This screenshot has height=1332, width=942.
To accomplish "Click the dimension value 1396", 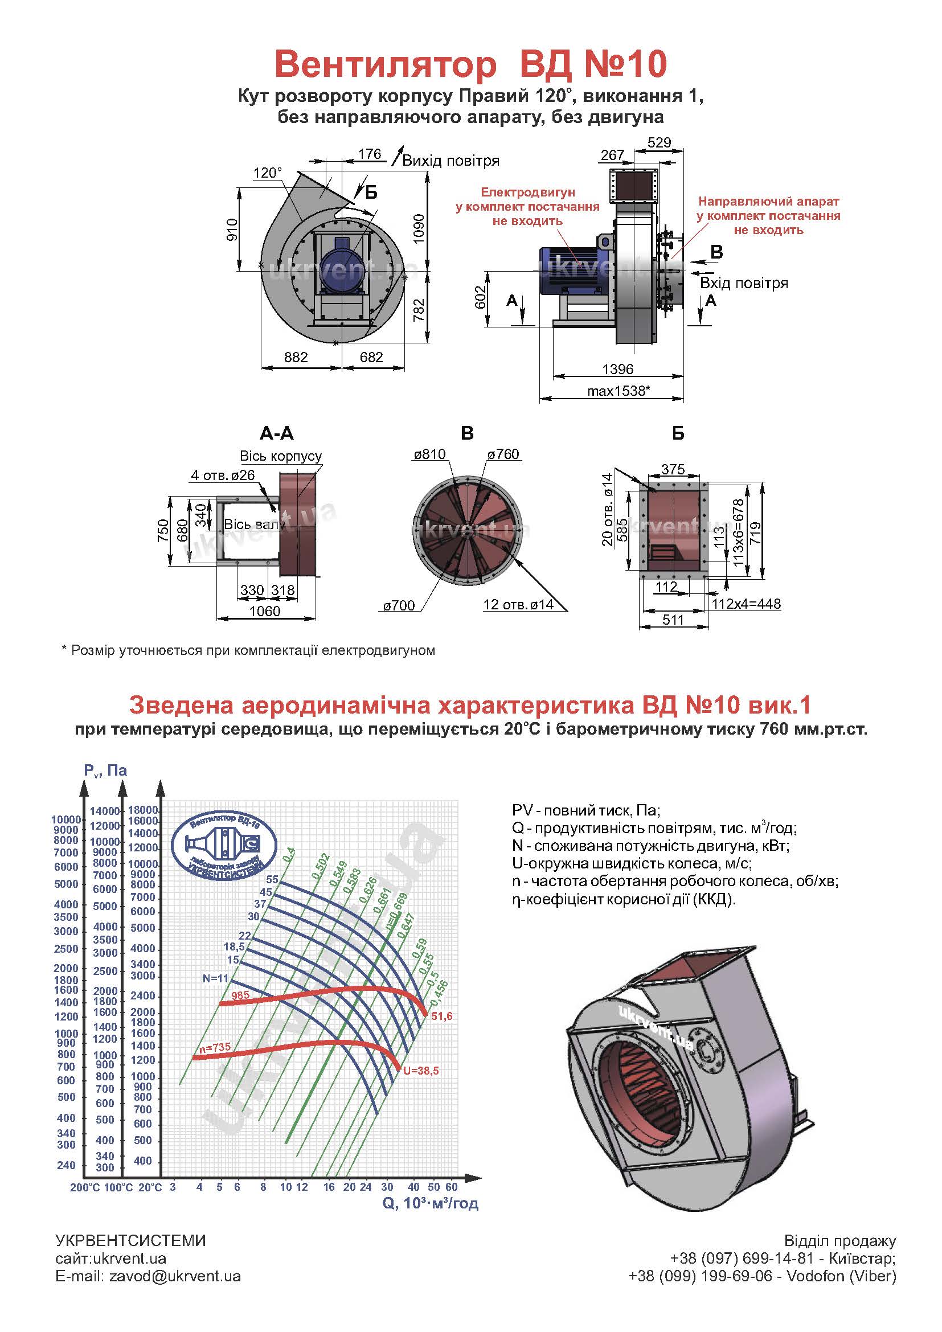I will (618, 368).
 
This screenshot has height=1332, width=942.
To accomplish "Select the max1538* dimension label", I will (619, 391).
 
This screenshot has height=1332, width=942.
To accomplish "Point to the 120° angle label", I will (268, 173).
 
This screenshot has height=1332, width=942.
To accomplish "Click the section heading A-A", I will (277, 433).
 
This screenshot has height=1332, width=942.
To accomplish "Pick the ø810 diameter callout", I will (429, 454).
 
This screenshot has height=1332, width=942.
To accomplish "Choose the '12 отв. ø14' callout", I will (518, 605).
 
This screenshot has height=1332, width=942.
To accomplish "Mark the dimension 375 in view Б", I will (673, 469).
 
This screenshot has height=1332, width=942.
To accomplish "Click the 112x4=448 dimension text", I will (746, 604).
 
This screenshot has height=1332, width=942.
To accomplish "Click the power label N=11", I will (215, 978).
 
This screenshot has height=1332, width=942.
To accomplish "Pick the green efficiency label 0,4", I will (288, 854).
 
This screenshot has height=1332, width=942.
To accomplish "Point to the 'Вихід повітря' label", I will (450, 161).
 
